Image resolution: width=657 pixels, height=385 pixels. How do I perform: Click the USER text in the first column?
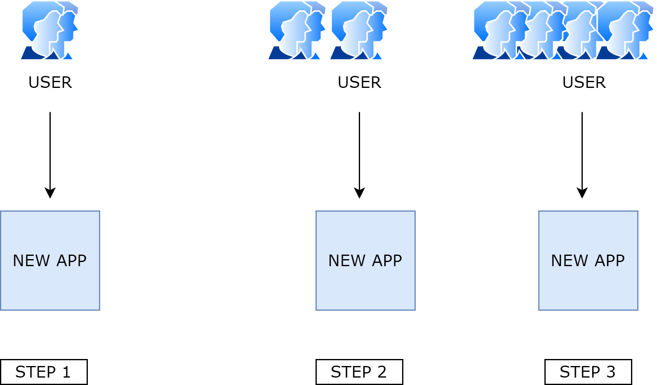(50, 83)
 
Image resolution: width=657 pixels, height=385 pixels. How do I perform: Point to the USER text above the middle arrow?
(359, 83)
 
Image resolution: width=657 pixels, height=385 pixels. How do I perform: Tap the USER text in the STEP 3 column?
(584, 83)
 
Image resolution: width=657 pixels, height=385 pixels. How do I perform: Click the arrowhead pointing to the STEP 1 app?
(50, 193)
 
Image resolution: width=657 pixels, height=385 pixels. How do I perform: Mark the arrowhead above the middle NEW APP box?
(359, 193)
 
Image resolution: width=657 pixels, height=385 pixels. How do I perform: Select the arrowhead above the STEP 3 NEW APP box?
(582, 193)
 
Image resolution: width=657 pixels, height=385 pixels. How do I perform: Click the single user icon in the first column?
(49, 31)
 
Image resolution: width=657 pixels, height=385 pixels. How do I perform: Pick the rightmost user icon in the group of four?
(625, 31)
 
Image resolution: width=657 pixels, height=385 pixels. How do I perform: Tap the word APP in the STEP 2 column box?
(386, 260)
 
